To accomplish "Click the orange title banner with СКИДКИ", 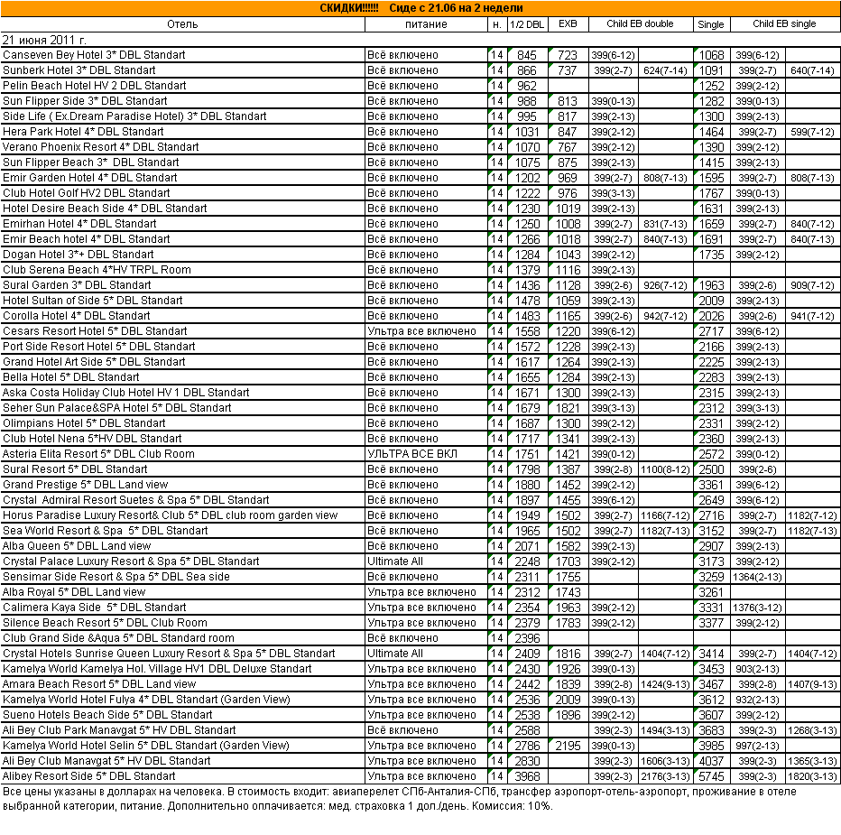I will [x=420, y=8].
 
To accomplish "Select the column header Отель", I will [x=183, y=24].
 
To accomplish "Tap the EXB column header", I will [x=567, y=24].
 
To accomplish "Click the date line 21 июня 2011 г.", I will [x=45, y=40].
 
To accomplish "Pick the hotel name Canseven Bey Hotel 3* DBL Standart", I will [x=94, y=55].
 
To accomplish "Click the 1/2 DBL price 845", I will [x=527, y=56].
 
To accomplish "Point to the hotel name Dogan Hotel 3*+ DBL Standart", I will [x=79, y=255].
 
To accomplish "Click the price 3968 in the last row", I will [x=527, y=776].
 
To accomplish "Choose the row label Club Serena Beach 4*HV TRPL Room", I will [x=97, y=270].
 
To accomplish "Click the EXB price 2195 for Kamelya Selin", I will [x=568, y=746].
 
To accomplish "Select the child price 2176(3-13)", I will [x=665, y=776].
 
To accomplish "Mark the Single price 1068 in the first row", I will [x=712, y=56].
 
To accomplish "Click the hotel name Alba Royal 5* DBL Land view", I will [x=74, y=592].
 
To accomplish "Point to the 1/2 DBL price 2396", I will [x=527, y=638].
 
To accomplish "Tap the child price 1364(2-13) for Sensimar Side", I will [x=757, y=577].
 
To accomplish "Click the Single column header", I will [x=710, y=24].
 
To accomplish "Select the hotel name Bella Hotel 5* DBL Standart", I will [x=71, y=377].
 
